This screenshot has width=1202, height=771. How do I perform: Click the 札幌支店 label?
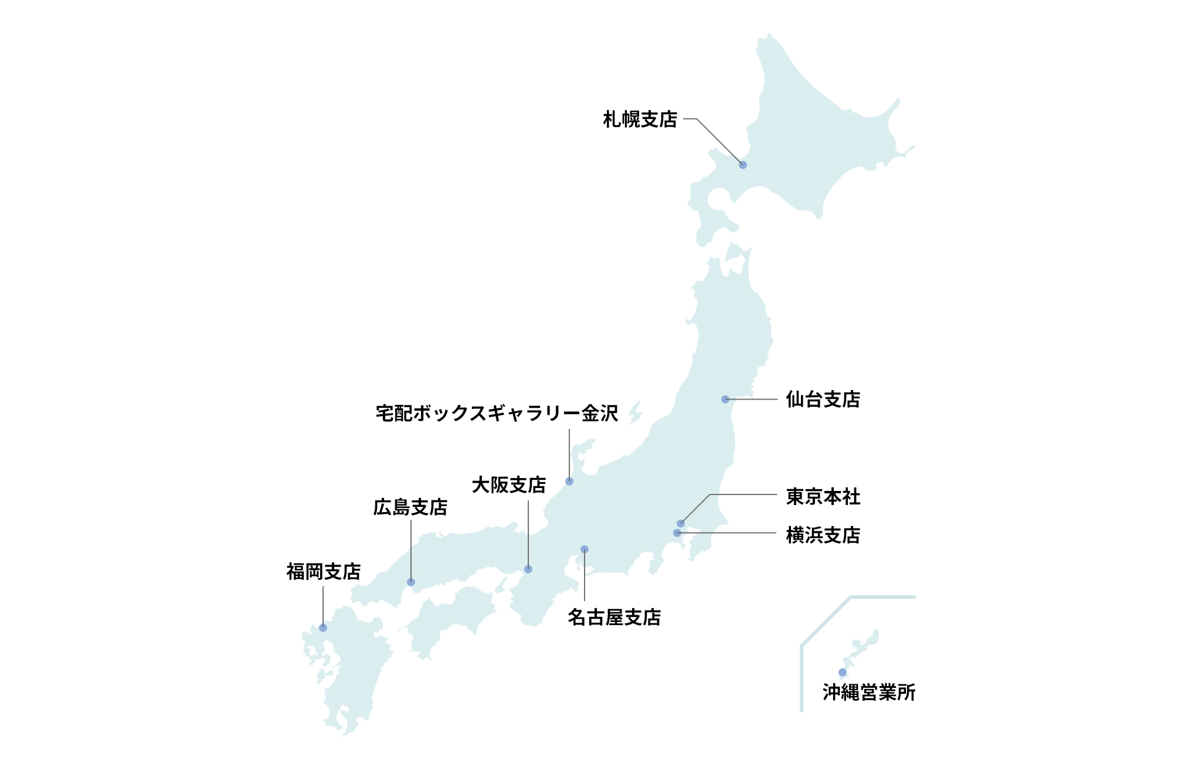[640, 120]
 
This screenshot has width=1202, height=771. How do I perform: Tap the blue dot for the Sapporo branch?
[743, 165]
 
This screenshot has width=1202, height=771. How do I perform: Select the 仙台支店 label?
[823, 400]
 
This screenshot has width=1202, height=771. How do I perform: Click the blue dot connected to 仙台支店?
[725, 400]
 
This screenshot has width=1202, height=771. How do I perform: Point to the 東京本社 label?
[823, 497]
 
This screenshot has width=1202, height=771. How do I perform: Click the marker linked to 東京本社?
[681, 524]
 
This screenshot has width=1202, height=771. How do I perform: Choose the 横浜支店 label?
[823, 535]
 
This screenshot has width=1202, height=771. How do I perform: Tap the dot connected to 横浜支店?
[677, 533]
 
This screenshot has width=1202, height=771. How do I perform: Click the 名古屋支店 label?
[614, 618]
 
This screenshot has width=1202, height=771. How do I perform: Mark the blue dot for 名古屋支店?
[585, 550]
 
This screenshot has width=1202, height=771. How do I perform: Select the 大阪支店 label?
[508, 485]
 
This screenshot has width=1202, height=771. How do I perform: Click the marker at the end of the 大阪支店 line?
[528, 569]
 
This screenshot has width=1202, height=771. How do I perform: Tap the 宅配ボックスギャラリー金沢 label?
[497, 414]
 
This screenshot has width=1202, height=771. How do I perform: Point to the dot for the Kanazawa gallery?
[569, 482]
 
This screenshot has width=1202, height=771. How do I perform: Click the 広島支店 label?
[410, 507]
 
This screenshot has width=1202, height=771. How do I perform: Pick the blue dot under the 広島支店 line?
[411, 582]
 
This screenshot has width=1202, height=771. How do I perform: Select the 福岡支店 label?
[323, 572]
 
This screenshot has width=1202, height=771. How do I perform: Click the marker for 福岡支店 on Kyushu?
[323, 628]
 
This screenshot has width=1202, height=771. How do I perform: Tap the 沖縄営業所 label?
[868, 692]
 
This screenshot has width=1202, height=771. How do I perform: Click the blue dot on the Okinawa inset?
[843, 673]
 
